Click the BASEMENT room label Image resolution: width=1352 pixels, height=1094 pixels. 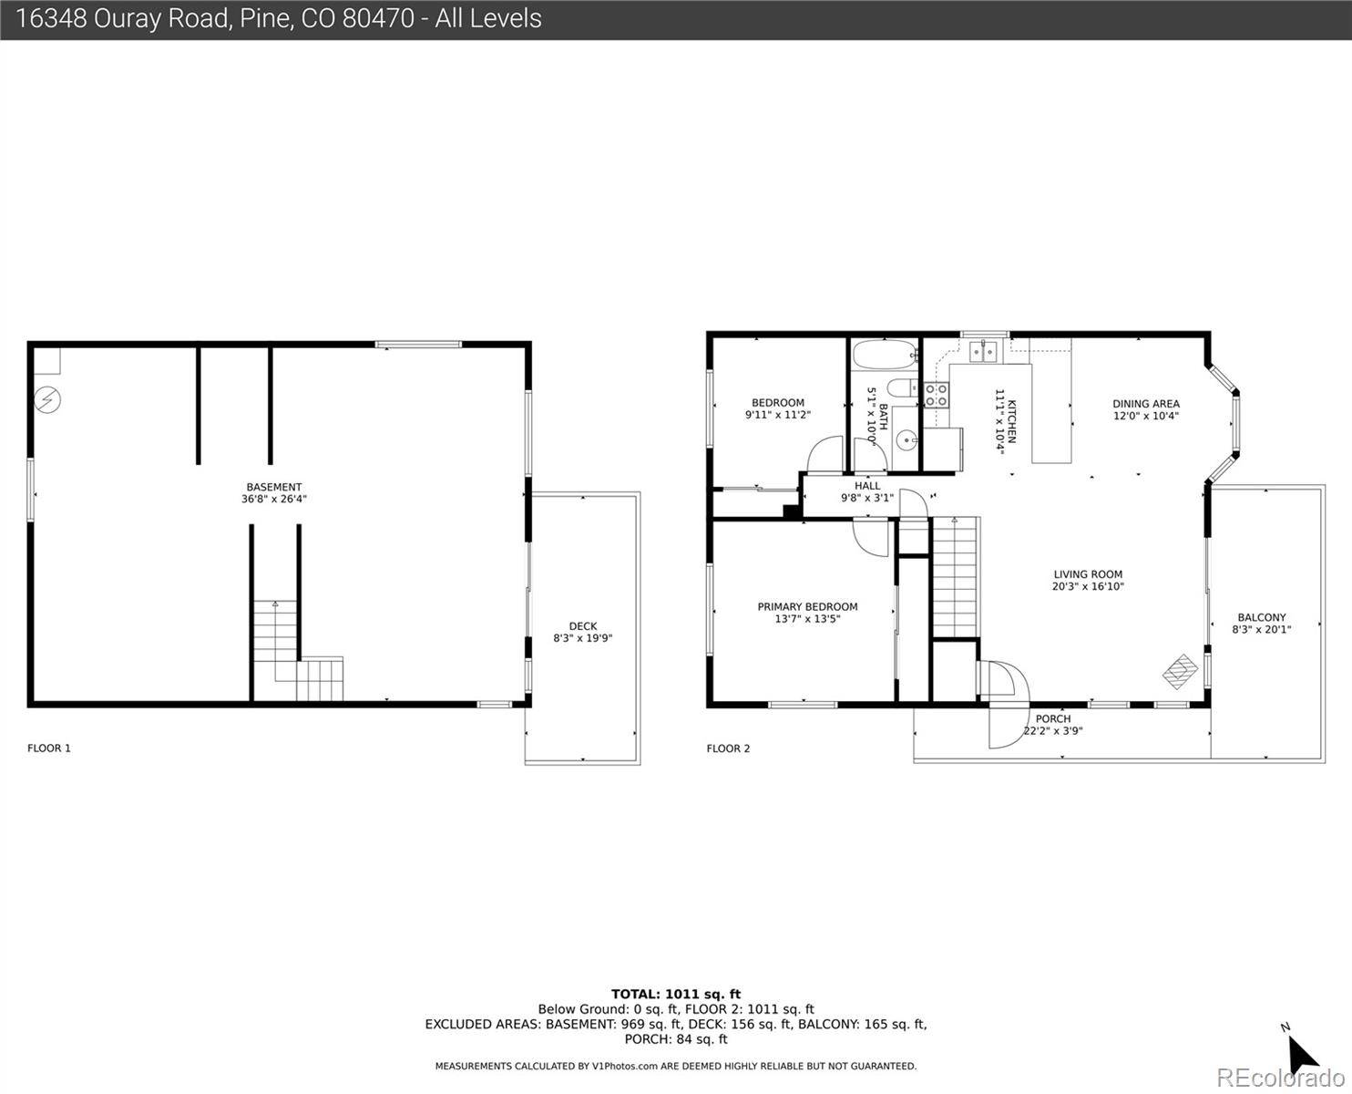pos(274,487)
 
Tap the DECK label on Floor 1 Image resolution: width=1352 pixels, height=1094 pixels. pos(583,626)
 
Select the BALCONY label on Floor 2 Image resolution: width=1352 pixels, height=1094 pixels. pos(1261,617)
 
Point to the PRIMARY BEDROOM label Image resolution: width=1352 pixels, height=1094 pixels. pos(807,606)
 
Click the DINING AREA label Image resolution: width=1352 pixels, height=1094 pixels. pos(1146,404)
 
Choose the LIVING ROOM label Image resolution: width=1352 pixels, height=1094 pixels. pos(1088,574)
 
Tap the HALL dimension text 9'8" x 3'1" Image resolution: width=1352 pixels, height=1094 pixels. pos(867,498)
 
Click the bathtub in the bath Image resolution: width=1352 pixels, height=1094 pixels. pos(885,355)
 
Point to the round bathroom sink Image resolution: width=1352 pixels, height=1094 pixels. pos(906,439)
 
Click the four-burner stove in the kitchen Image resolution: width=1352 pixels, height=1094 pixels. pos(937,395)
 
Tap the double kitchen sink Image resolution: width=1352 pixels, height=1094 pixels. pos(984,350)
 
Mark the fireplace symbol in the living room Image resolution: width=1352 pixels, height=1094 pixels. pos(1180,671)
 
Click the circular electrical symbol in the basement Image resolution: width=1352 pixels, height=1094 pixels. pos(47,400)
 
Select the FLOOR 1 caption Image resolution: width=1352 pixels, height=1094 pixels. pos(49,748)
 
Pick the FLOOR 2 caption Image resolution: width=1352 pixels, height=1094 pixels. pos(728,748)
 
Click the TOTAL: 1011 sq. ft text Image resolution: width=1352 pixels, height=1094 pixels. pos(676,995)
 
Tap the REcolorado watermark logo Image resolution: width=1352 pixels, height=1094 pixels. pos(1280,1077)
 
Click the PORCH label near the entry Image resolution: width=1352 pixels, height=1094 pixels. pos(1053,718)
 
